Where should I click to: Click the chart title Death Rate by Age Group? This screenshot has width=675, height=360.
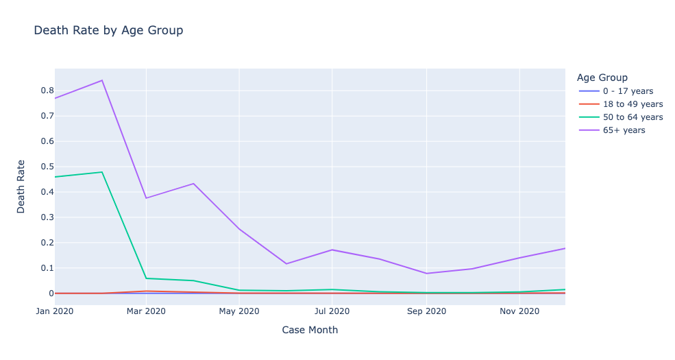pyautogui.click(x=108, y=30)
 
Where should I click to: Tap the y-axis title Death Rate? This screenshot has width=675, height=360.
pyautogui.click(x=21, y=187)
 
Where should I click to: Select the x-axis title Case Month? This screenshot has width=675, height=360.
pyautogui.click(x=310, y=330)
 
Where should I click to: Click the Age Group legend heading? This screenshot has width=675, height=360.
pyautogui.click(x=602, y=77)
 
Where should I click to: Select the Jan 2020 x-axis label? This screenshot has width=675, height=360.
pyautogui.click(x=54, y=311)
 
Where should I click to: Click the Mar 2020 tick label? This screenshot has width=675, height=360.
pyautogui.click(x=146, y=311)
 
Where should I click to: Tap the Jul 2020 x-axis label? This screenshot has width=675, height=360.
pyautogui.click(x=332, y=311)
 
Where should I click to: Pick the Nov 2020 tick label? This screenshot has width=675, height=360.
pyautogui.click(x=519, y=311)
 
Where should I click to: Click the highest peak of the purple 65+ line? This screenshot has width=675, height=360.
pyautogui.click(x=102, y=80)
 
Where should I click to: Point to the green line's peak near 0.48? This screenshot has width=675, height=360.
pyautogui.click(x=102, y=172)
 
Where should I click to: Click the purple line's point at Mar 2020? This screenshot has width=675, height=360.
pyautogui.click(x=146, y=198)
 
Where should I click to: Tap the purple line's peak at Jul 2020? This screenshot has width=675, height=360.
pyautogui.click(x=332, y=250)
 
